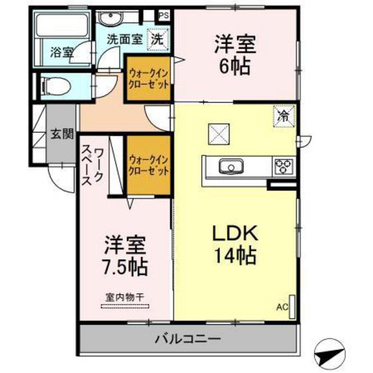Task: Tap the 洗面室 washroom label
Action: pos(124,39)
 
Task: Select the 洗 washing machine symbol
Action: pos(157,39)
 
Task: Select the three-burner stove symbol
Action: pos(283,166)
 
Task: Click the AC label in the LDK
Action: pos(282,307)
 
